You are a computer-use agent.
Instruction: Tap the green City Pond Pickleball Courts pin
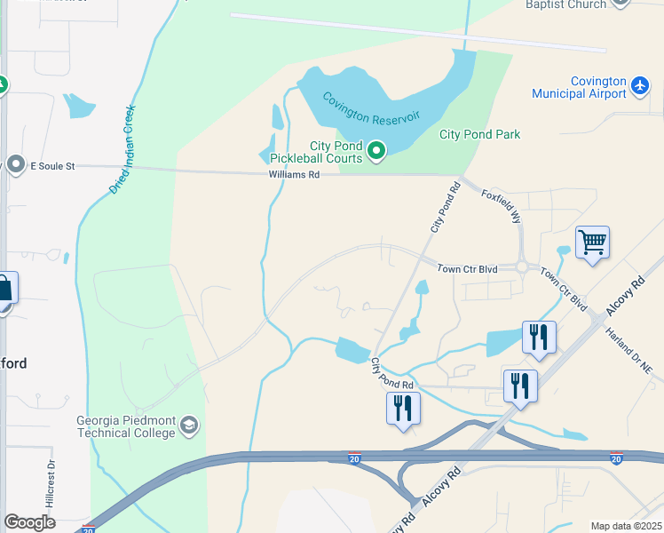pyautogui.click(x=376, y=152)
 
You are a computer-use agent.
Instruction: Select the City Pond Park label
pyautogui.click(x=479, y=135)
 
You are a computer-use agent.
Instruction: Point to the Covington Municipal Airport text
pyautogui.click(x=579, y=87)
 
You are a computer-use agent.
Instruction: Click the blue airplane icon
pyautogui.click(x=641, y=85)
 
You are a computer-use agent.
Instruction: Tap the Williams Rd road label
pyautogui.click(x=294, y=176)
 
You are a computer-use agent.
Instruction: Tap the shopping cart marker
pyautogui.click(x=592, y=242)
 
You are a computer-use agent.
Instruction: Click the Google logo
pyautogui.click(x=30, y=522)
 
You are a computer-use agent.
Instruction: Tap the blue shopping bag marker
pyautogui.click(x=4, y=290)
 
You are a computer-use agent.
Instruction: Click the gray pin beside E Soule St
pyautogui.click(x=15, y=164)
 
